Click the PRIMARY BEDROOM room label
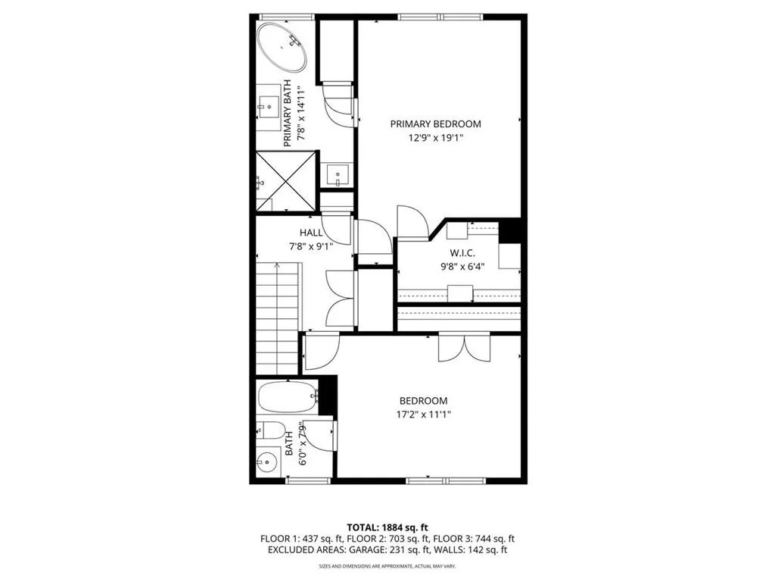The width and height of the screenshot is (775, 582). (x=435, y=124)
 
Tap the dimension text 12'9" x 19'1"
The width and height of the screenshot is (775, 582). (x=435, y=138)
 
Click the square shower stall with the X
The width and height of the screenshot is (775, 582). (x=285, y=181)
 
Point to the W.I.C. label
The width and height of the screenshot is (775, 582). (x=462, y=253)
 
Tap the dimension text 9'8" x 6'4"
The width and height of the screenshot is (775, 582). (x=462, y=266)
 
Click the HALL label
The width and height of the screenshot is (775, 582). (x=311, y=233)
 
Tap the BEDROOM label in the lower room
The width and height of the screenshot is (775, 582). (x=423, y=401)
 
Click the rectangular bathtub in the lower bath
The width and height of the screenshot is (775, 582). (x=287, y=396)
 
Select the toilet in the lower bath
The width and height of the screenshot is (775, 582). (x=269, y=430)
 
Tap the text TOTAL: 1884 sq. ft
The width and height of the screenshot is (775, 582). (x=387, y=527)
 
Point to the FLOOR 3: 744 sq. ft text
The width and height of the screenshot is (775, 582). (x=475, y=538)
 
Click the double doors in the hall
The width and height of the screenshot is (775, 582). (x=340, y=299)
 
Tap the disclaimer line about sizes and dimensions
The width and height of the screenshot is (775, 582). (x=387, y=566)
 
